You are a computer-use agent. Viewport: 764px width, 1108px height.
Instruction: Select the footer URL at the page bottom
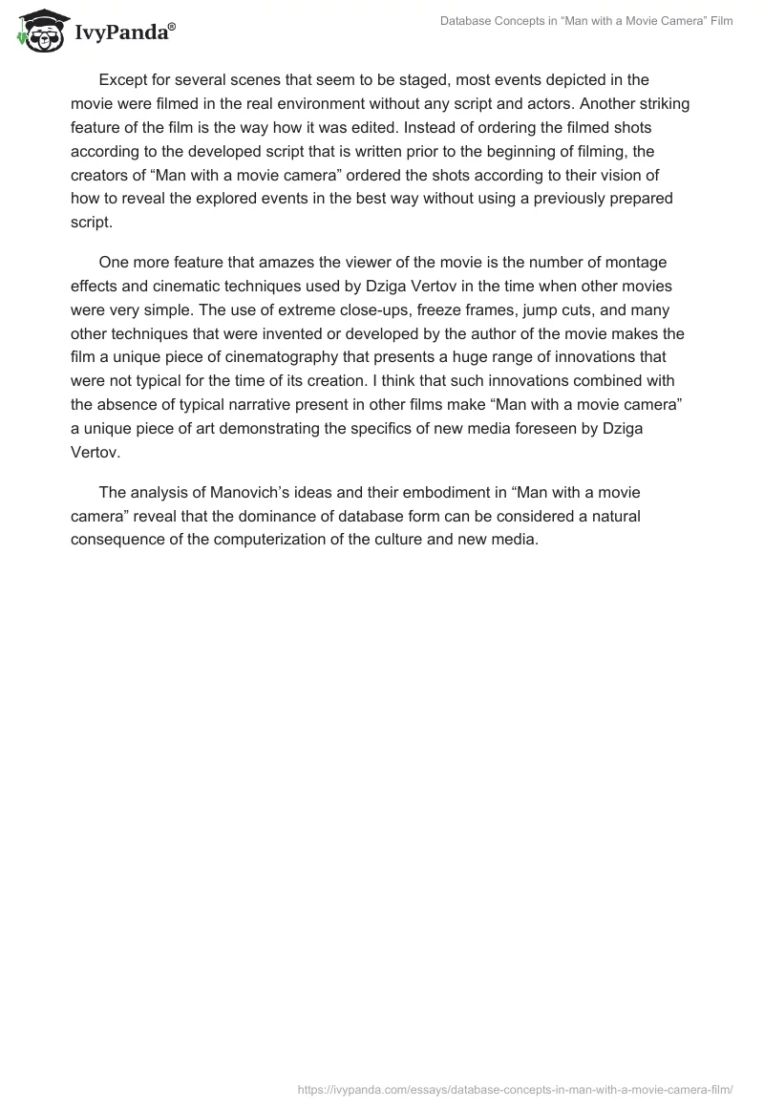coord(516,1087)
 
